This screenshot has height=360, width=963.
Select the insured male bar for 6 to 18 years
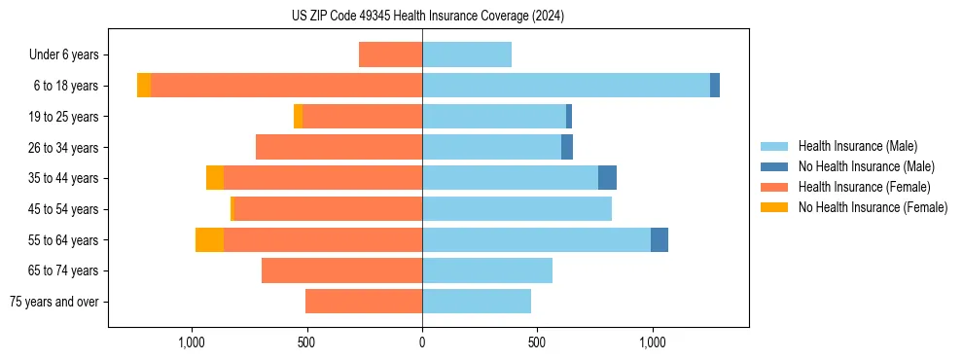pos(565,86)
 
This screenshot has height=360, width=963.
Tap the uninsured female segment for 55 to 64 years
pos(209,239)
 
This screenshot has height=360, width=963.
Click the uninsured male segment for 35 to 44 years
pos(607,178)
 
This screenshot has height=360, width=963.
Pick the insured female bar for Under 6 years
pos(390,54)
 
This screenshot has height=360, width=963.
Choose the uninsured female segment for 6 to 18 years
pos(144,86)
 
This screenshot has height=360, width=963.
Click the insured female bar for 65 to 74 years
pos(341,270)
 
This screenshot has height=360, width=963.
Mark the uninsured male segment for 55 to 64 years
pos(660,239)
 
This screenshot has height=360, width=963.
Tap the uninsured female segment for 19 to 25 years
pos(298,117)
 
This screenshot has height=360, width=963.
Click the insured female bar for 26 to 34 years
pos(339,147)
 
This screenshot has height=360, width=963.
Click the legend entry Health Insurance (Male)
pos(857,146)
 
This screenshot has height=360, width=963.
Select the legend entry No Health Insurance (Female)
pos(873,207)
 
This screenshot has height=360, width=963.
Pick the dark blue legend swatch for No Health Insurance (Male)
pos(774,166)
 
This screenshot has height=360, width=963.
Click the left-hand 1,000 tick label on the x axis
pos(192,342)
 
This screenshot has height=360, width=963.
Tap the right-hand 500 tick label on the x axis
pos(537,342)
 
